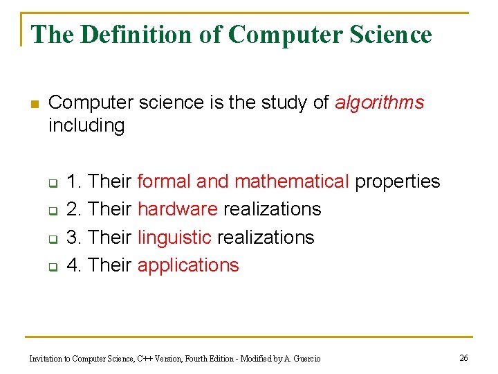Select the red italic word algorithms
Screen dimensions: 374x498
point(379,103)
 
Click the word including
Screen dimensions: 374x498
point(86,126)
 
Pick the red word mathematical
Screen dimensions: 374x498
point(292,181)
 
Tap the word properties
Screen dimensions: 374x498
point(397,181)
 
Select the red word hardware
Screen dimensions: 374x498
point(178,209)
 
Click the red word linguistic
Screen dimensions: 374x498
point(174,238)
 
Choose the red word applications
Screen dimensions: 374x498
point(188,265)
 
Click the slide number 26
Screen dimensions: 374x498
point(463,357)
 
